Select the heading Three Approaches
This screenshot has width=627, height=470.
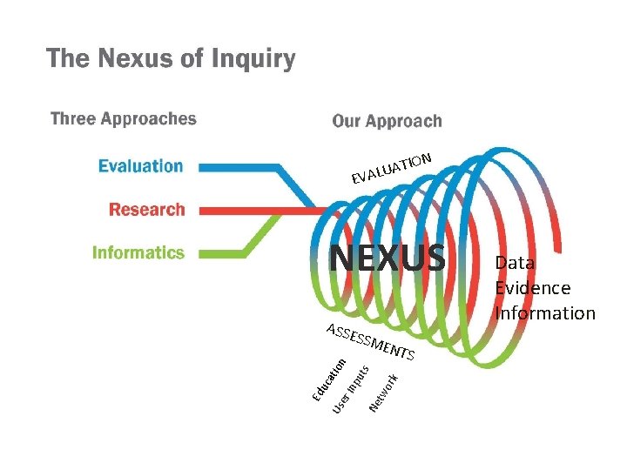tap(123, 118)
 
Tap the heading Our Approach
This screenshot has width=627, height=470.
tap(387, 121)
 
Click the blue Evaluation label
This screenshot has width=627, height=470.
tap(140, 165)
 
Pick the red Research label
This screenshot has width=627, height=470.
tap(146, 209)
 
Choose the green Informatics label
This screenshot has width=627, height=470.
tap(138, 252)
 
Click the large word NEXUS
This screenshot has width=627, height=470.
tap(388, 258)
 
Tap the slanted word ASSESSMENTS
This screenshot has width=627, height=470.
tap(369, 341)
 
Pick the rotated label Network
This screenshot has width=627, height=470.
tap(384, 393)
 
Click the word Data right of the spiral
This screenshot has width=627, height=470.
tap(515, 262)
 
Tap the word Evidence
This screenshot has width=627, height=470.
tap(532, 287)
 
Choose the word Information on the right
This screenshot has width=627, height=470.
tap(544, 312)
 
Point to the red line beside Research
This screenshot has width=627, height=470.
tap(253, 210)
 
